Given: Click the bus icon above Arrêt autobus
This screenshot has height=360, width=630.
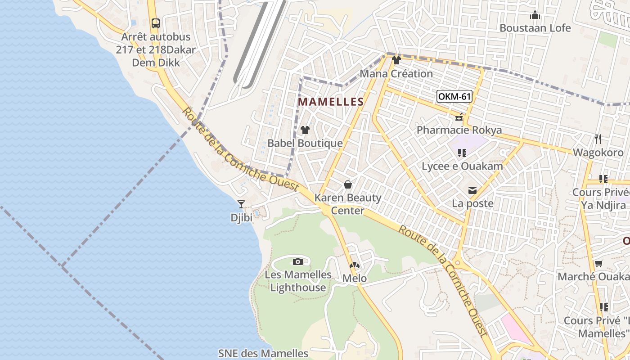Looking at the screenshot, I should [155, 23].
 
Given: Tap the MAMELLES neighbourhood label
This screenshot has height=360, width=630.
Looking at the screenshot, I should [330, 102].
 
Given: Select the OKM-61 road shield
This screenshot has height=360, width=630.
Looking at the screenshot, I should [454, 96].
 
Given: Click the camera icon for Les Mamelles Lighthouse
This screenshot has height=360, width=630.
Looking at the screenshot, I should [297, 261].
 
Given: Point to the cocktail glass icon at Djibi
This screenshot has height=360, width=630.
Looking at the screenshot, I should [241, 204].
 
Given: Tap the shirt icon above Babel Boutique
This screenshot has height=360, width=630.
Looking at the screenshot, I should [305, 130].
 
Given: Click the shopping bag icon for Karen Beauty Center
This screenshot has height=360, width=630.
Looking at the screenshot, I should [347, 184].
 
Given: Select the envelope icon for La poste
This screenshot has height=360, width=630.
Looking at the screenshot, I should [472, 191].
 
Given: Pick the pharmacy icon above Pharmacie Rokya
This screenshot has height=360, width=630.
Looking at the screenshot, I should [459, 117].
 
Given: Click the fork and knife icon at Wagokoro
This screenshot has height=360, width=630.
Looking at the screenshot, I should [598, 139].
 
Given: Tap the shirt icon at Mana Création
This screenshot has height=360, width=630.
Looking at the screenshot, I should [396, 60].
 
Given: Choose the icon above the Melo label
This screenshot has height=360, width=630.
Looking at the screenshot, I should [355, 265].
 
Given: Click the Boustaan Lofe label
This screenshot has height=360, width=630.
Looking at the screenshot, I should [535, 28].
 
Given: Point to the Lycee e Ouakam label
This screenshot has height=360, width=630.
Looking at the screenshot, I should [462, 166].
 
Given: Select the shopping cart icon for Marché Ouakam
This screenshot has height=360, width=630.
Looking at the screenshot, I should [598, 264].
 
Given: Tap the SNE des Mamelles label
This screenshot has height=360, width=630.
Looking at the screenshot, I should [263, 354].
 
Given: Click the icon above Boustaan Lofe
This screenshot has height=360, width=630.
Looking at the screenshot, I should [535, 15].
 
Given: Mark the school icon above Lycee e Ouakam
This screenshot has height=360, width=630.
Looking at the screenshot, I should [462, 153].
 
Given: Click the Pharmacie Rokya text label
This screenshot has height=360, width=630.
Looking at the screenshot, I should [459, 130].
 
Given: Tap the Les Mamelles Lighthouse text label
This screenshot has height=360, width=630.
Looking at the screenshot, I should [297, 281].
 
